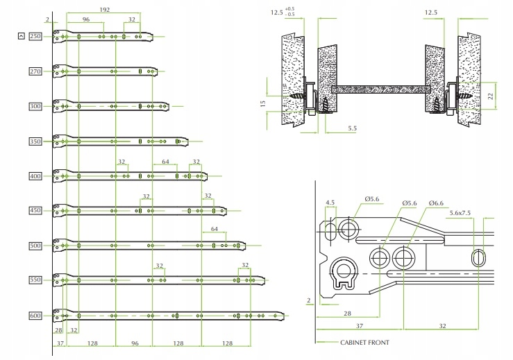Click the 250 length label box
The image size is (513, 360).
pyautogui.click(x=36, y=36)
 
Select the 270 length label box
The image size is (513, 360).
pyautogui.click(x=36, y=71)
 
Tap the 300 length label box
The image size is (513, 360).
pyautogui.click(x=36, y=106)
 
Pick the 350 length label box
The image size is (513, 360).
pyautogui.click(x=36, y=142)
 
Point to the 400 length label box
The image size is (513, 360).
pyautogui.click(x=36, y=176)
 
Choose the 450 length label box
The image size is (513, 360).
pyautogui.click(x=36, y=211)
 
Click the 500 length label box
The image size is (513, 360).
pyautogui.click(x=36, y=246)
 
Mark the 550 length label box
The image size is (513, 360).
pyautogui.click(x=36, y=280)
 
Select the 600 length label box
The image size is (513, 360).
pyautogui.click(x=36, y=316)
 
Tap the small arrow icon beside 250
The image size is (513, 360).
pyautogui.click(x=22, y=36)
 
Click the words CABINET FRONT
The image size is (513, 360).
pyautogui.click(x=364, y=343)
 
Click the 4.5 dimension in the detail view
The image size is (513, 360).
pyautogui.click(x=330, y=203)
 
